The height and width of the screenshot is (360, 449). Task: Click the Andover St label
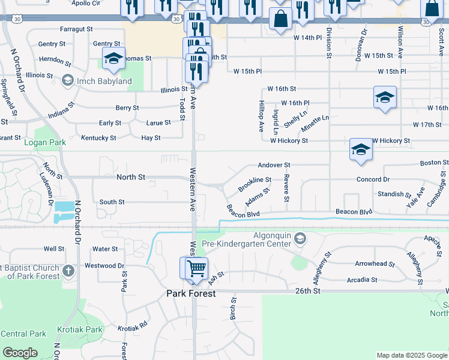(x=274, y=164)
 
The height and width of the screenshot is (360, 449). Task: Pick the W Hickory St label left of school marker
(x=289, y=140)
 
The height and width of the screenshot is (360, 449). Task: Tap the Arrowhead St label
(x=375, y=263)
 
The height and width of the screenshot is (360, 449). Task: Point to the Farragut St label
(x=76, y=28)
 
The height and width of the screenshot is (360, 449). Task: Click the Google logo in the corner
(x=20, y=353)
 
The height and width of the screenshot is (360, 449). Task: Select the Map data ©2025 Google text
(x=412, y=355)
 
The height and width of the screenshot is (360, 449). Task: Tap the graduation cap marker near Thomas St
(x=113, y=59)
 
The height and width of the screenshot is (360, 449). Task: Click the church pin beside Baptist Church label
(x=69, y=271)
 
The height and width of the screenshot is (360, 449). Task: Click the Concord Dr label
(x=373, y=179)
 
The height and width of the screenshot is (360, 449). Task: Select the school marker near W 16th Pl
(x=385, y=98)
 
